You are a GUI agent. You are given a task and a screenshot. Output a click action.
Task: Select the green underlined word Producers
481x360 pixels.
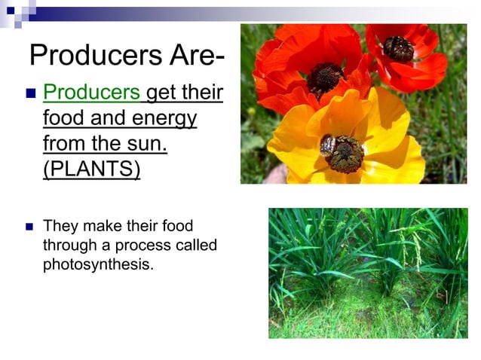[92, 94]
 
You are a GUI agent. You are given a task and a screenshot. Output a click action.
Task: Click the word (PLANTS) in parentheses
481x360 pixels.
[92, 168]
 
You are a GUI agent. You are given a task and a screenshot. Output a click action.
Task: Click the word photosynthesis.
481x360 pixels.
[98, 264]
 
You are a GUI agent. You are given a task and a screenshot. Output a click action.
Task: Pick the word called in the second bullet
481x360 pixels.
[197, 246]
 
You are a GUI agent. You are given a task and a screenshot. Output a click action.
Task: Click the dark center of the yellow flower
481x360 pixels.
[345, 154]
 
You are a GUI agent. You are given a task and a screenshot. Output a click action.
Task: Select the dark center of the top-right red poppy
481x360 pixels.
[398, 49]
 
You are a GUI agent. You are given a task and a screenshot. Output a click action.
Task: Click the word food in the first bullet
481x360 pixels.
[63, 118]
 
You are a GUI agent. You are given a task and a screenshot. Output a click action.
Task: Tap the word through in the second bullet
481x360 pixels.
[67, 246]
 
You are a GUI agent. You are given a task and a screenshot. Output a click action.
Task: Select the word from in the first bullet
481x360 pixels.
[63, 143]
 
